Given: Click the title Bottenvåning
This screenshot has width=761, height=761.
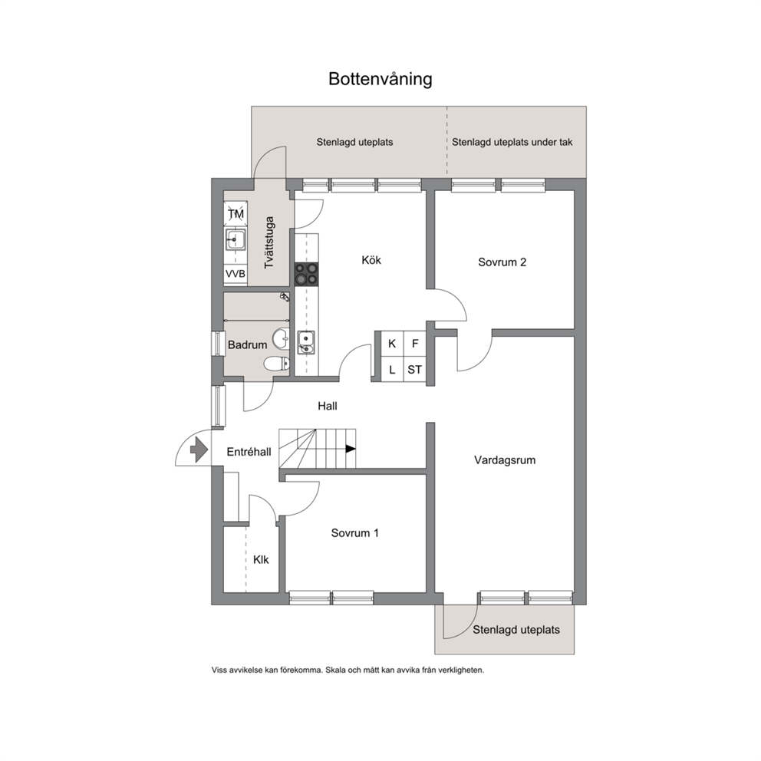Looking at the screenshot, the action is click(380, 79).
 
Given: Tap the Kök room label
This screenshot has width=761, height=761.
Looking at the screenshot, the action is click(371, 260).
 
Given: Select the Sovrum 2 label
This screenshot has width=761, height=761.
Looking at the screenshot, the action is click(502, 262).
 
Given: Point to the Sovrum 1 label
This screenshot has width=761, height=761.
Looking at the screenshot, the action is click(354, 533).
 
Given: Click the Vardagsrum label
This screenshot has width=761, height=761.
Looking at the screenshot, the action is click(505, 460).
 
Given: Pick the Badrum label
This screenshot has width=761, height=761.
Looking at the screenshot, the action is click(248, 345).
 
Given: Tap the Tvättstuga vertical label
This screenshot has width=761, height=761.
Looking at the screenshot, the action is click(269, 242).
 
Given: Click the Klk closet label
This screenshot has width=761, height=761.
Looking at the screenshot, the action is click(261, 559).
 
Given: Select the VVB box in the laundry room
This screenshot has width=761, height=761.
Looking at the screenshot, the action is click(236, 274).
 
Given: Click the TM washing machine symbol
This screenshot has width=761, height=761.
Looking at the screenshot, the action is click(236, 214).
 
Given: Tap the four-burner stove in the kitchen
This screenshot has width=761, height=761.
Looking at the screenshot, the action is click(307, 274).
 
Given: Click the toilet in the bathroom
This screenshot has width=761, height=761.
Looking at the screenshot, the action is click(277, 363).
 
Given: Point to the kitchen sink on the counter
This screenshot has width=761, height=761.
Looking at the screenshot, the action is click(306, 343).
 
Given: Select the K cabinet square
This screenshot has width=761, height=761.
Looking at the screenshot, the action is click(392, 344).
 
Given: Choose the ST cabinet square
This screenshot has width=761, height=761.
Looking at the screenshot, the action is click(414, 370).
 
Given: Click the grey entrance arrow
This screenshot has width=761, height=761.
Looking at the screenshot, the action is click(199, 450).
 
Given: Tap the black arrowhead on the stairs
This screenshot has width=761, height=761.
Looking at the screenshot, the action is click(351, 449).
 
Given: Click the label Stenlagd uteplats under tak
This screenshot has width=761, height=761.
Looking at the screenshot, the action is click(512, 142).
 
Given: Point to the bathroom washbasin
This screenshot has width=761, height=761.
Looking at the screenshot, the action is click(281, 338).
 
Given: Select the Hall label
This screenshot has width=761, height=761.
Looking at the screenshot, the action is click(328, 406).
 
